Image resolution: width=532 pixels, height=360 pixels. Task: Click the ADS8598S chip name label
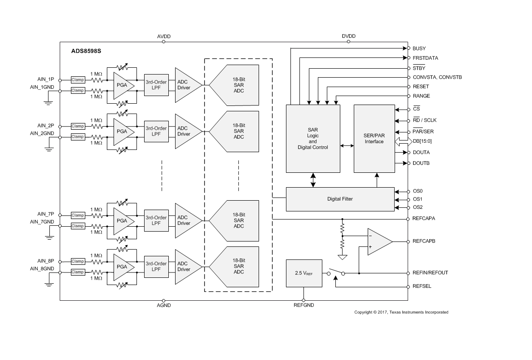click(x=86, y=51)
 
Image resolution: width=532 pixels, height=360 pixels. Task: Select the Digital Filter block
click(x=340, y=199)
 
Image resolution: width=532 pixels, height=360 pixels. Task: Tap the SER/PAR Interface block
click(x=374, y=138)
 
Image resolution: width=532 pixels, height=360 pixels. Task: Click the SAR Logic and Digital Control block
click(x=313, y=138)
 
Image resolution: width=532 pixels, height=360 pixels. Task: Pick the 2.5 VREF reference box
click(x=303, y=273)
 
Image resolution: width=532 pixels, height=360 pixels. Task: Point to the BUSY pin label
click(x=419, y=48)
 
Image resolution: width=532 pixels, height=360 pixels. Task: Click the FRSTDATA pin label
click(x=425, y=58)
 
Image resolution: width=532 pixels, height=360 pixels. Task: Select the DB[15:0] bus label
click(x=422, y=141)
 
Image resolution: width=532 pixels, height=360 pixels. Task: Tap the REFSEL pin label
click(x=422, y=286)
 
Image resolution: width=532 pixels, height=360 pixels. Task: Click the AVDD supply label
click(x=164, y=36)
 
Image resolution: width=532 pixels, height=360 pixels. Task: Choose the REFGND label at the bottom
click(x=303, y=305)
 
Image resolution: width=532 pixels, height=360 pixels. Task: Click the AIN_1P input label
click(x=46, y=79)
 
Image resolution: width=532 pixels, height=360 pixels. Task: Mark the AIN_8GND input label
click(x=42, y=268)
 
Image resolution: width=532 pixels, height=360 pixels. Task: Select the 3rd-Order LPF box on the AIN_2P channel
click(x=156, y=131)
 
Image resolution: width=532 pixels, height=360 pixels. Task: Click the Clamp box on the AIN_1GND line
click(x=78, y=90)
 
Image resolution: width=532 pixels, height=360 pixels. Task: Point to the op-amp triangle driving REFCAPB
click(x=378, y=241)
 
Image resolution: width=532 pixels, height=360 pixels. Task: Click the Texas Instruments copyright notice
click(x=401, y=312)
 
